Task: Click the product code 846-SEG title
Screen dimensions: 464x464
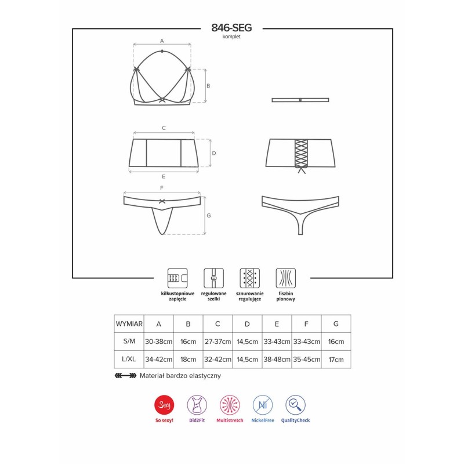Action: (x=231, y=27)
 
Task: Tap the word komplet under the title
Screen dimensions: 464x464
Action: (x=231, y=36)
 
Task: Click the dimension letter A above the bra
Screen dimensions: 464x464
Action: (x=162, y=41)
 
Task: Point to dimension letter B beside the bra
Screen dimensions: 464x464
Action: (x=208, y=86)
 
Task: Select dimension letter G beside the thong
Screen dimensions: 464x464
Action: (x=208, y=216)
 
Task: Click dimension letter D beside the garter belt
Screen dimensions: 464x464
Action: (x=213, y=153)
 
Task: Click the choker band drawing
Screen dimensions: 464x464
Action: (x=300, y=100)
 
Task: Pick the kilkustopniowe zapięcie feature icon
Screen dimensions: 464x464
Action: (x=177, y=278)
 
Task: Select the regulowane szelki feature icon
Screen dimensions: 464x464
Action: (x=213, y=278)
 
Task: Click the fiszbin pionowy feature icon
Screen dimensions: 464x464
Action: (x=285, y=278)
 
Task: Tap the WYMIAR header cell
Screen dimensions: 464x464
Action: (x=129, y=323)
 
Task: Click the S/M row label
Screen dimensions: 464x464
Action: (x=129, y=342)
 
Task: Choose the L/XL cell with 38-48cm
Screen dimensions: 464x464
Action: (x=277, y=360)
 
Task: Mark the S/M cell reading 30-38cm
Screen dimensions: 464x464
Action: (x=159, y=342)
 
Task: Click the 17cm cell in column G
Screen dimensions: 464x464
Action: (x=336, y=360)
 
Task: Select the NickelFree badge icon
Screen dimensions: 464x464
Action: (x=263, y=404)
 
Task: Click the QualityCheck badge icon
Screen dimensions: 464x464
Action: (x=295, y=404)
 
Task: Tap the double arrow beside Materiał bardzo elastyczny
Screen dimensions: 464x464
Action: (x=125, y=375)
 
